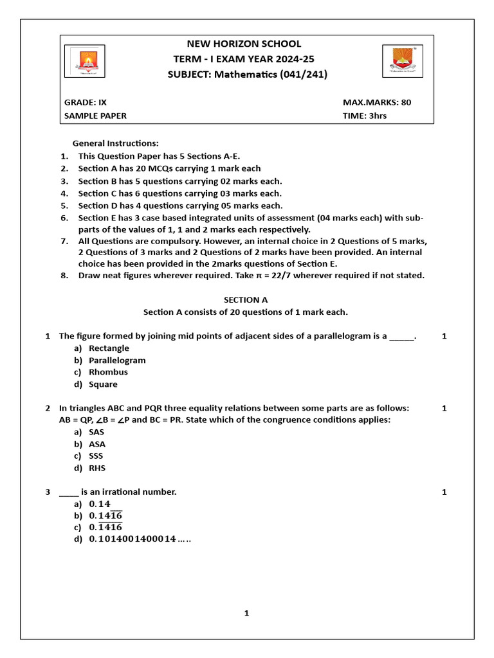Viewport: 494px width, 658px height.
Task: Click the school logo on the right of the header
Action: (x=404, y=62)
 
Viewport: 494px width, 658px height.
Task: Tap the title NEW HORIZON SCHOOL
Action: (x=244, y=44)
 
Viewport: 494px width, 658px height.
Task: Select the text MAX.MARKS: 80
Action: (x=377, y=102)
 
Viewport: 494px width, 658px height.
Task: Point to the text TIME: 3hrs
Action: (x=365, y=116)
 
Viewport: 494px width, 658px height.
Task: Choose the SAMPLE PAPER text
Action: (x=95, y=116)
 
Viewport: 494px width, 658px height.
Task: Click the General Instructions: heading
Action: (x=115, y=143)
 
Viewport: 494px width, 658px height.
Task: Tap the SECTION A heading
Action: (x=245, y=299)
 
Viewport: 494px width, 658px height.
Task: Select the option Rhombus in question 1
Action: (x=108, y=372)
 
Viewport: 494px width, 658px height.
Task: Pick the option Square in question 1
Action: (x=103, y=384)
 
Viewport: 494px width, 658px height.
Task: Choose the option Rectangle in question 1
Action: (x=109, y=348)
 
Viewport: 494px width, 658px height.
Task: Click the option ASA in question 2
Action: (x=97, y=444)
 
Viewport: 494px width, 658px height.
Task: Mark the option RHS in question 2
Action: (x=97, y=468)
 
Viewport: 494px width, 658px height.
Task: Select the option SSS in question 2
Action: (x=96, y=456)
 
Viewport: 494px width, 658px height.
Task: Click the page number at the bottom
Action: (x=246, y=613)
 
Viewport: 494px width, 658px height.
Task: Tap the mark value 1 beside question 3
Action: (x=444, y=492)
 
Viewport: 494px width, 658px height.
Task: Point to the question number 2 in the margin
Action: (x=48, y=408)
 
